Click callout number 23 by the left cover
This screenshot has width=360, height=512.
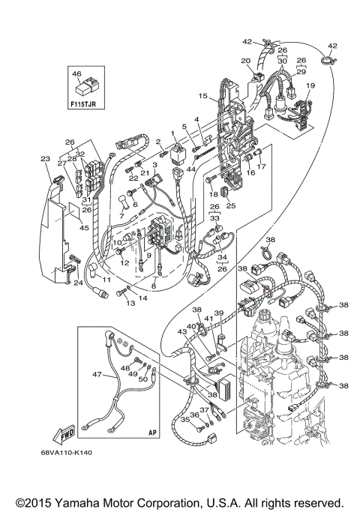tap(44, 158)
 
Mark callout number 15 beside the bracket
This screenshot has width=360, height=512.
tap(202, 96)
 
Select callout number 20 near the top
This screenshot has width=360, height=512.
tap(244, 61)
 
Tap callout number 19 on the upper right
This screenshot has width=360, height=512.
tap(310, 86)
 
